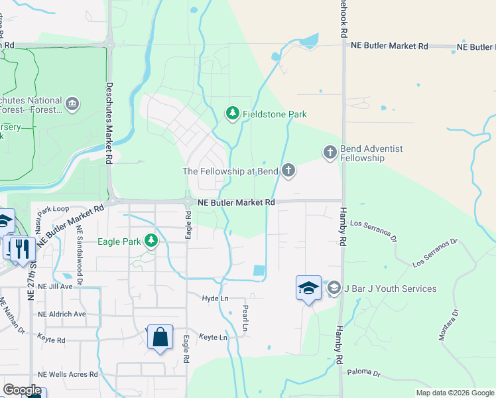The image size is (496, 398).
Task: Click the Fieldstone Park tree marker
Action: pos(232,114)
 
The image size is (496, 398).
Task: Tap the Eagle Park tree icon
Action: pos(152,241)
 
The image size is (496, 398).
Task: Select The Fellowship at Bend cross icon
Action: pos(288,171)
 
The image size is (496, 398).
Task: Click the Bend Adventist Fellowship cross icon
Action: pos(330,153)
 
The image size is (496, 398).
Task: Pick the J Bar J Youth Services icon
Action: pos(334,288)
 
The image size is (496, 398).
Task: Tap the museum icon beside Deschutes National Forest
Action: pos(72,103)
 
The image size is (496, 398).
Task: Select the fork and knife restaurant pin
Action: pos(22,249)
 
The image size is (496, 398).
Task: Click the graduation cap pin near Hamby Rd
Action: pos(308,288)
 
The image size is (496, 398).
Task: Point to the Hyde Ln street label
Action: pos(215,299)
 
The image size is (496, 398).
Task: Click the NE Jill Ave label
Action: pos(56,287)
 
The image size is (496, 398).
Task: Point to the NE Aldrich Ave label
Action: pos(62,314)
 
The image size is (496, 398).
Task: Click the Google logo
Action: pos(22,390)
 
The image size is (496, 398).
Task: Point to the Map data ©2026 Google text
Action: pos(454,393)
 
